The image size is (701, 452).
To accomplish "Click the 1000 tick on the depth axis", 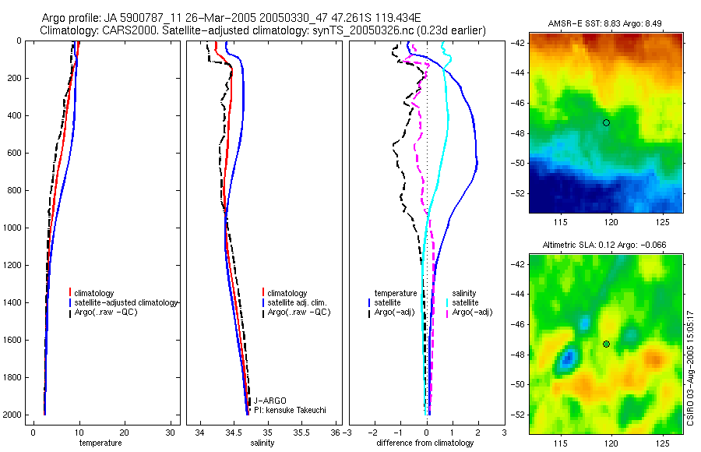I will point(13,228).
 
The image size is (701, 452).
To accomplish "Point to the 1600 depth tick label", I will point(13,340).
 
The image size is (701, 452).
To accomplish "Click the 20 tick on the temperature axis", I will point(125,432).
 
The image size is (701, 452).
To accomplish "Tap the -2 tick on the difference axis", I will point(374,432).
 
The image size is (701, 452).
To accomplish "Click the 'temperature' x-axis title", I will point(100,443).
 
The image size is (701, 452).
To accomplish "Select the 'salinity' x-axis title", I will point(262,443).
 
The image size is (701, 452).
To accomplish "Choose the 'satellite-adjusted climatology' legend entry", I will point(126,302).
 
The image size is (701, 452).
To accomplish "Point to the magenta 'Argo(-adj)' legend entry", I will point(472,312).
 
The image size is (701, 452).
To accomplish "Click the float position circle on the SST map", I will point(606,122).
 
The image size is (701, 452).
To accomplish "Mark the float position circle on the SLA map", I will point(606,344).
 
